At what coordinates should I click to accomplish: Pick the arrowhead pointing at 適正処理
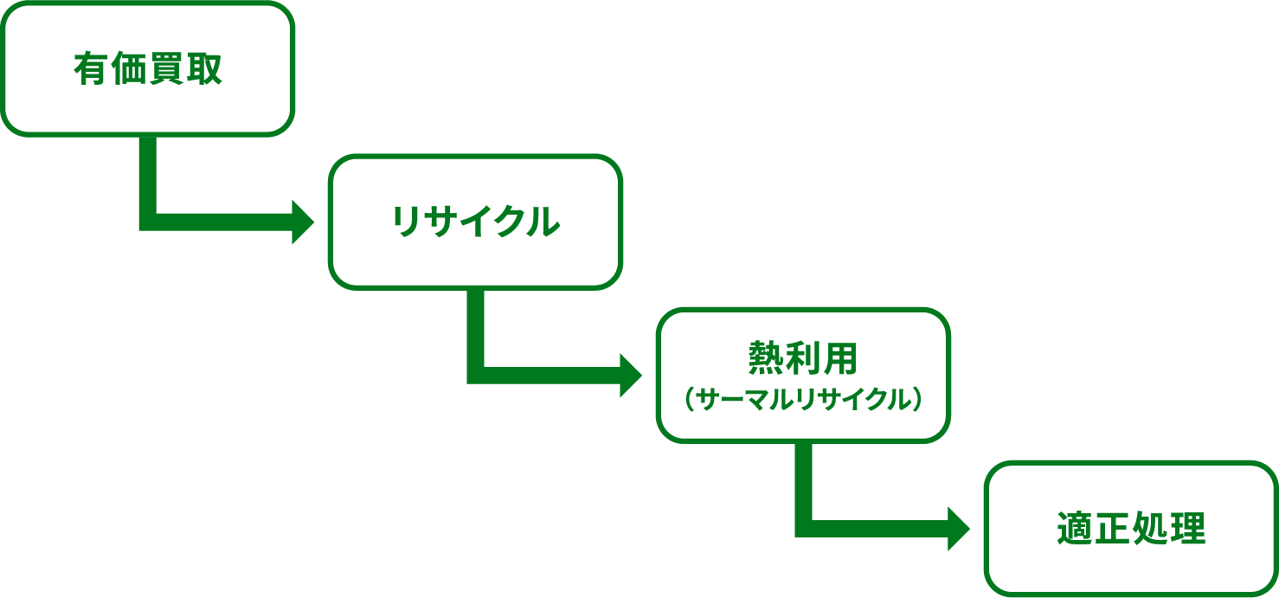pos(959,528)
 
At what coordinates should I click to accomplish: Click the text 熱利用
pos(802,357)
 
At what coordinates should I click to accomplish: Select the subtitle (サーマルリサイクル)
pos(802,400)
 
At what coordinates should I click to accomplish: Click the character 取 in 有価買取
pos(204,69)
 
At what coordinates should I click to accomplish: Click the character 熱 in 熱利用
pos(766,357)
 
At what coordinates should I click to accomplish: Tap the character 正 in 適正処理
pos(1112,529)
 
